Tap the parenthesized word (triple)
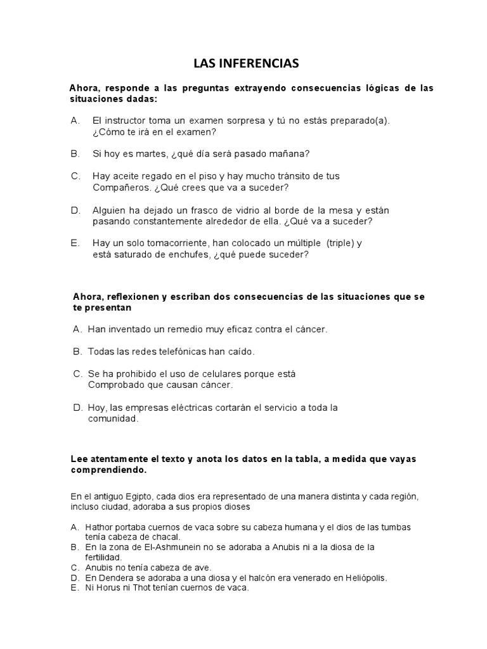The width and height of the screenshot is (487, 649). pos(341,243)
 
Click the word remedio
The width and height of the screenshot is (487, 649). pos(171,329)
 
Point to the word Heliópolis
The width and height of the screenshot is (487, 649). pos(363,577)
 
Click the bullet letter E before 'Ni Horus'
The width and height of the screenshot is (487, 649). pos(74,588)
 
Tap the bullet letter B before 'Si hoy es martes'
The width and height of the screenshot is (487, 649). pos(75,154)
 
